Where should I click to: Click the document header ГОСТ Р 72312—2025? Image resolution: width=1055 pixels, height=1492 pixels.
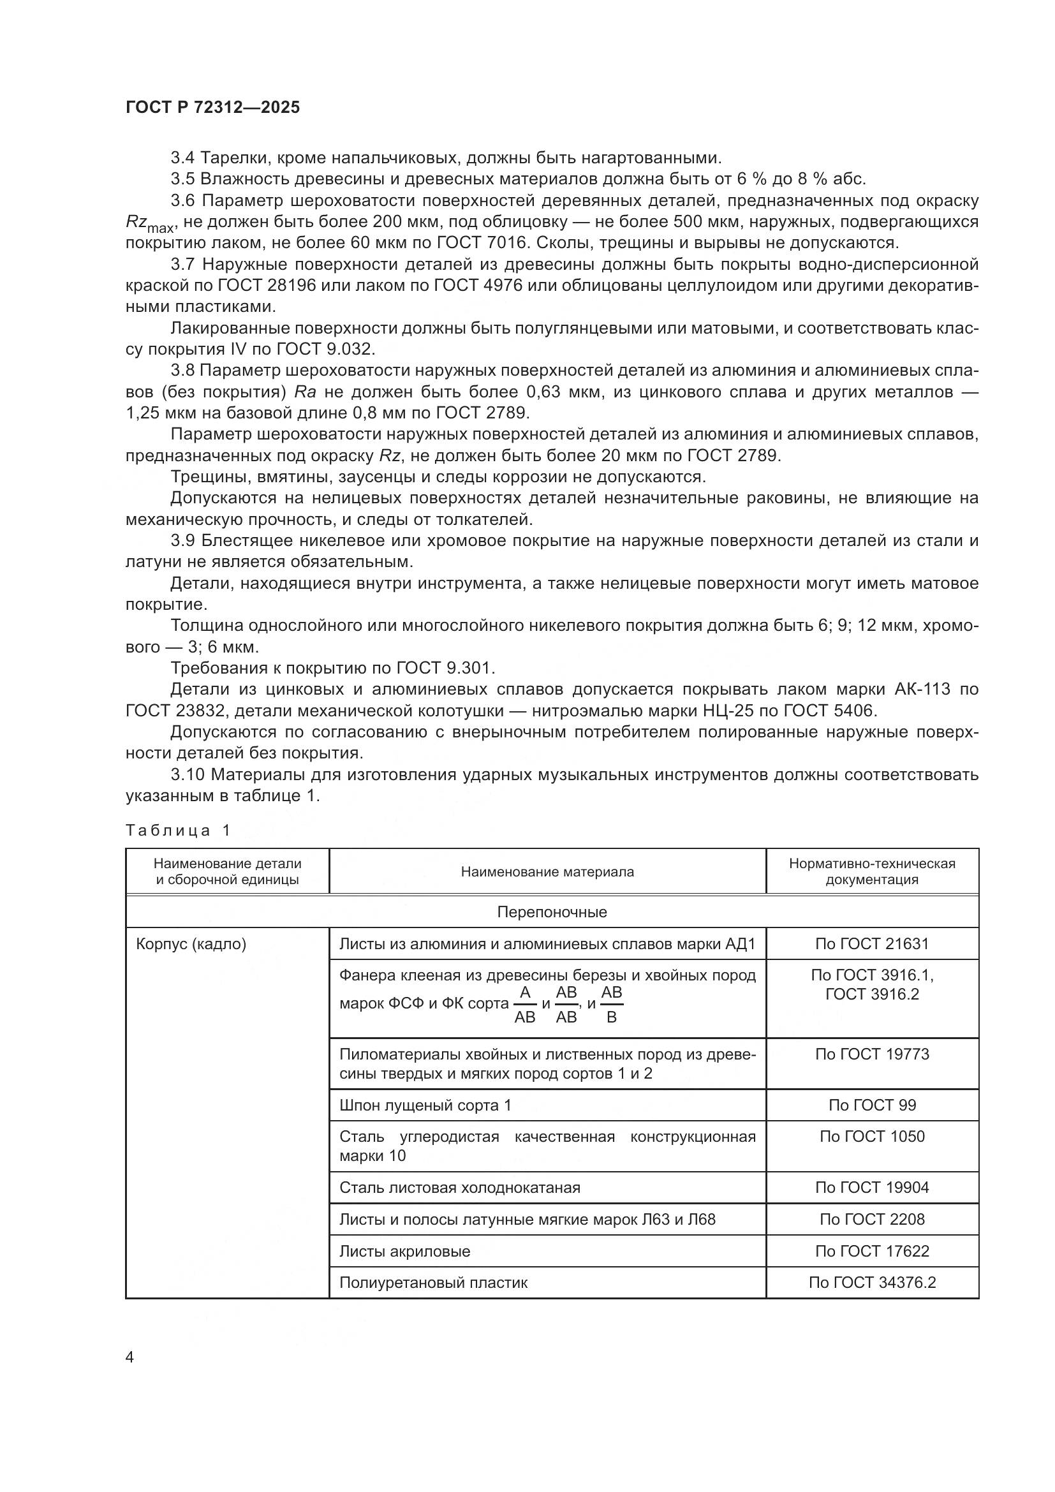point(212,108)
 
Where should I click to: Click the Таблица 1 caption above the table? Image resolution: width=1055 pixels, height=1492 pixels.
point(177,831)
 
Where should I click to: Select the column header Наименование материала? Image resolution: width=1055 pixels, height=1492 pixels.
point(547,871)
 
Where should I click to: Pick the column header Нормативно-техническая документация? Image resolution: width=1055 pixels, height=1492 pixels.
point(872,871)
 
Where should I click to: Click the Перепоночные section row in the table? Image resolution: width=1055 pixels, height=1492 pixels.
point(552,912)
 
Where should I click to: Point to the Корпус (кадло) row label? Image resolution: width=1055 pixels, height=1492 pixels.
point(191,943)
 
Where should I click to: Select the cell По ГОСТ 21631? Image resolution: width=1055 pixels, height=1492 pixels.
point(872,943)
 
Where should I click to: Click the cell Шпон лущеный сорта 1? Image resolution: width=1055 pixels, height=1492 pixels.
point(425,1105)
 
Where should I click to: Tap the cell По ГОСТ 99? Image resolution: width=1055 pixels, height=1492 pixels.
point(872,1105)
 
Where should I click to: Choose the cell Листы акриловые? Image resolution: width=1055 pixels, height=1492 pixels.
point(404,1251)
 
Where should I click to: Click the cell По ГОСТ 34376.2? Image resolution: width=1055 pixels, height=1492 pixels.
point(872,1282)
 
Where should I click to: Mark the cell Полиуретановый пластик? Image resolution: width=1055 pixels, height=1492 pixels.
point(433,1282)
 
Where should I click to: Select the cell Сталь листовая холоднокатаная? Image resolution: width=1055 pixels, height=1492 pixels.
point(459,1187)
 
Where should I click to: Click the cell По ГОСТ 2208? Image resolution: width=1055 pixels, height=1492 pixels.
point(872,1219)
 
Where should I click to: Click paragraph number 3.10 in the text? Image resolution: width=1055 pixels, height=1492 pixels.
point(188,774)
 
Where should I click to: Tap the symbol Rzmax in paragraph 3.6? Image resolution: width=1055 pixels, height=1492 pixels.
point(149,223)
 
